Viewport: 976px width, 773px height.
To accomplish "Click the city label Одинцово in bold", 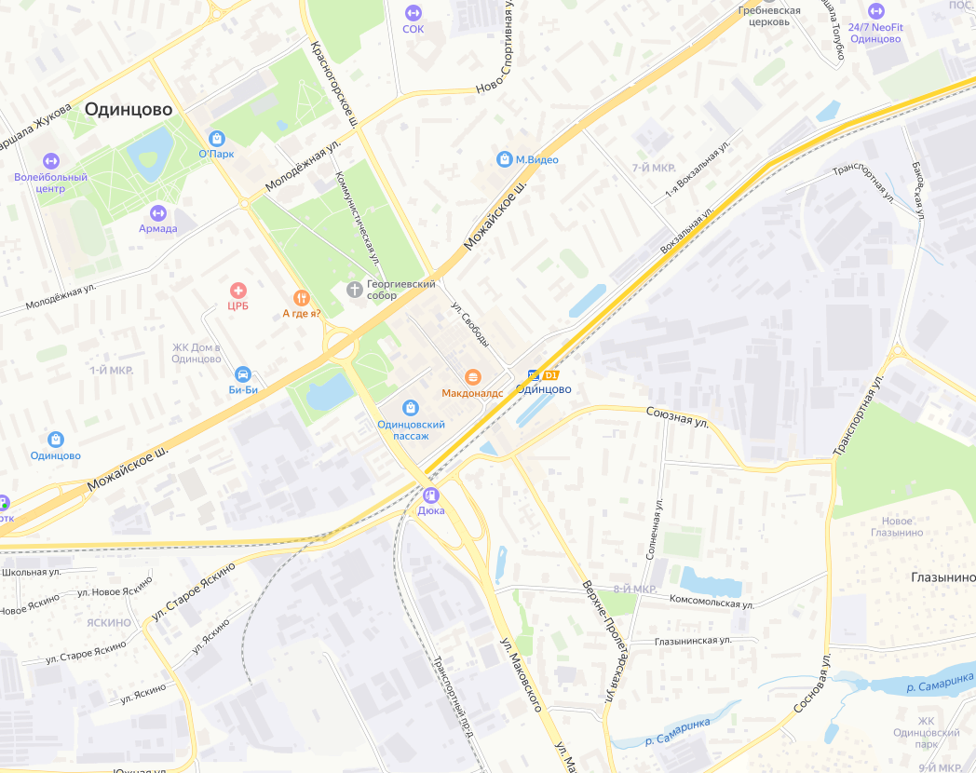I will coord(129,110).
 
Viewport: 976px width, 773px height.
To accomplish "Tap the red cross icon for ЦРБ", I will coord(238,291).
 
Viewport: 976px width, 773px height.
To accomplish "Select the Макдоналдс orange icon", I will coord(473,376).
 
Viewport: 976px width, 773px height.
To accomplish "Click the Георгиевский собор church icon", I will coord(354,290).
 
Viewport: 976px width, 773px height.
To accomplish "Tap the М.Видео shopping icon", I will coord(504,159).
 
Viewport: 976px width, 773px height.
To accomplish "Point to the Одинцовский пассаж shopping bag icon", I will coord(411,407).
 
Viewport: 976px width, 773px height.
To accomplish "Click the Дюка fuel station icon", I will coord(430,495).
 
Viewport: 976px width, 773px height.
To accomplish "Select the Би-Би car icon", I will coord(243,373).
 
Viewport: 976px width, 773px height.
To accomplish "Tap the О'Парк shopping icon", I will coord(217,138).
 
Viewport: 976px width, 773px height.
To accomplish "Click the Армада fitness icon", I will coord(157,212).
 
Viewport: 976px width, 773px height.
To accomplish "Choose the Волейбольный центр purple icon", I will coord(50,161).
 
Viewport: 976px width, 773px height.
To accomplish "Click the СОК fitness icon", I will coord(413,12).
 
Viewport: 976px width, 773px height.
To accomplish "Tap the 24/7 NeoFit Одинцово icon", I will coord(875,11).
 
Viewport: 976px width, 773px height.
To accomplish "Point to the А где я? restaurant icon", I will coord(301,297).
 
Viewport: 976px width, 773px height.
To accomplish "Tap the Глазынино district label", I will coord(942,577).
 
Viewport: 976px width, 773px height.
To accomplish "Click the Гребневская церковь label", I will coord(769,16).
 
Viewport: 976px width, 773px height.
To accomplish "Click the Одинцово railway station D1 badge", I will coord(550,374).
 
